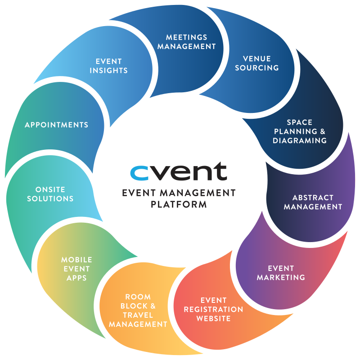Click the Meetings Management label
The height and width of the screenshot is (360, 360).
click(187, 41)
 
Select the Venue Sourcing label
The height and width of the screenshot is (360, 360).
click(257, 63)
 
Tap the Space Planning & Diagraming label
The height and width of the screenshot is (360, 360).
click(300, 131)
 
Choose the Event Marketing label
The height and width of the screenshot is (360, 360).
click(281, 273)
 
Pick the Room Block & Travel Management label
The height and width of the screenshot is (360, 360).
click(138, 310)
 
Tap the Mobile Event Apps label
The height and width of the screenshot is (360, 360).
click(76, 269)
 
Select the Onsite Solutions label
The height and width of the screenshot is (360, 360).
click(50, 194)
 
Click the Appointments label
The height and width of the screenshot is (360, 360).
click(57, 125)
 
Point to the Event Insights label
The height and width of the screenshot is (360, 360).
click(108, 66)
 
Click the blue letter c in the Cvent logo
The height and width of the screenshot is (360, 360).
click(139, 172)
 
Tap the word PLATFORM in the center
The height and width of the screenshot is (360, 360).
click(179, 204)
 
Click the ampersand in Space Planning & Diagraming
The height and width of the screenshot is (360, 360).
click(322, 131)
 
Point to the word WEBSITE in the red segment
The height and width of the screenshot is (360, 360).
click(213, 319)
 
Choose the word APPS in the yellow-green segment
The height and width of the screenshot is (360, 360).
click(76, 278)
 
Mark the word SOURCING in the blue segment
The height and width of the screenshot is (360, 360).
click(257, 68)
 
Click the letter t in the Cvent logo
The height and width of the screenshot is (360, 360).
click(221, 172)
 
